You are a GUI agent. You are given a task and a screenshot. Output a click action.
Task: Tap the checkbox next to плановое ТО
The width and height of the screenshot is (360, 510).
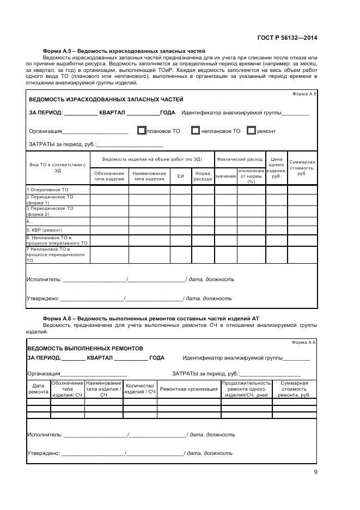click(x=142, y=131)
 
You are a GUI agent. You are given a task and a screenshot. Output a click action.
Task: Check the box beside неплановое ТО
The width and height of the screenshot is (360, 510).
click(x=196, y=131)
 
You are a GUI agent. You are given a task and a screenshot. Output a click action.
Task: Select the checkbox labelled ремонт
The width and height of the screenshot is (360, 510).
click(x=251, y=131)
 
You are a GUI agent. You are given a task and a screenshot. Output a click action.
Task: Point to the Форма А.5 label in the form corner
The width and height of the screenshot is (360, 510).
click(x=304, y=94)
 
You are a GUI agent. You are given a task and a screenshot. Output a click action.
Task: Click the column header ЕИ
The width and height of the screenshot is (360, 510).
click(x=180, y=177)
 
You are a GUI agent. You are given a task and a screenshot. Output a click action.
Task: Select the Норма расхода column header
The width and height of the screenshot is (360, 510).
click(x=203, y=176)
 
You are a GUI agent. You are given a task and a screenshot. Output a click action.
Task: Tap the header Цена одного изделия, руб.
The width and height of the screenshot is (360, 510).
click(x=276, y=168)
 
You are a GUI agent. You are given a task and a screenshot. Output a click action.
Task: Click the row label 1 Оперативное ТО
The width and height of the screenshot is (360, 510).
click(x=48, y=190)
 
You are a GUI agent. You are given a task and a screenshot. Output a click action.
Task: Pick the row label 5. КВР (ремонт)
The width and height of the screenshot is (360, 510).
click(x=45, y=230)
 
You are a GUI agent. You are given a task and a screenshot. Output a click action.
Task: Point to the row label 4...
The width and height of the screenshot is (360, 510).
click(x=30, y=222)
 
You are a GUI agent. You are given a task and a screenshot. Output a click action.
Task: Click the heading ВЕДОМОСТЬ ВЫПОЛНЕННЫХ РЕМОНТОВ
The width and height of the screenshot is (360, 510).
click(x=85, y=348)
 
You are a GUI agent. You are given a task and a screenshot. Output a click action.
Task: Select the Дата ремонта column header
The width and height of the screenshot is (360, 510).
click(x=38, y=388)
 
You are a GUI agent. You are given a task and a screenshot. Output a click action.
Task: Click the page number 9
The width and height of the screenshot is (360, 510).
click(x=315, y=472)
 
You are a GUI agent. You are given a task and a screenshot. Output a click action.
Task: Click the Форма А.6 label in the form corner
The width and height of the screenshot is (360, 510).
click(x=304, y=342)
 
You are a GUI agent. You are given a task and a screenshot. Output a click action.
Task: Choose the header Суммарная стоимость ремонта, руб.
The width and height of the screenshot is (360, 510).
click(x=294, y=389)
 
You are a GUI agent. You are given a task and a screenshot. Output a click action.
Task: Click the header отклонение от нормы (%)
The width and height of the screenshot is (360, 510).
click(x=251, y=176)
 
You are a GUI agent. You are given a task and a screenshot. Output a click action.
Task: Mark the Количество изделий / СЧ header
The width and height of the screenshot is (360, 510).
click(x=140, y=389)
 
